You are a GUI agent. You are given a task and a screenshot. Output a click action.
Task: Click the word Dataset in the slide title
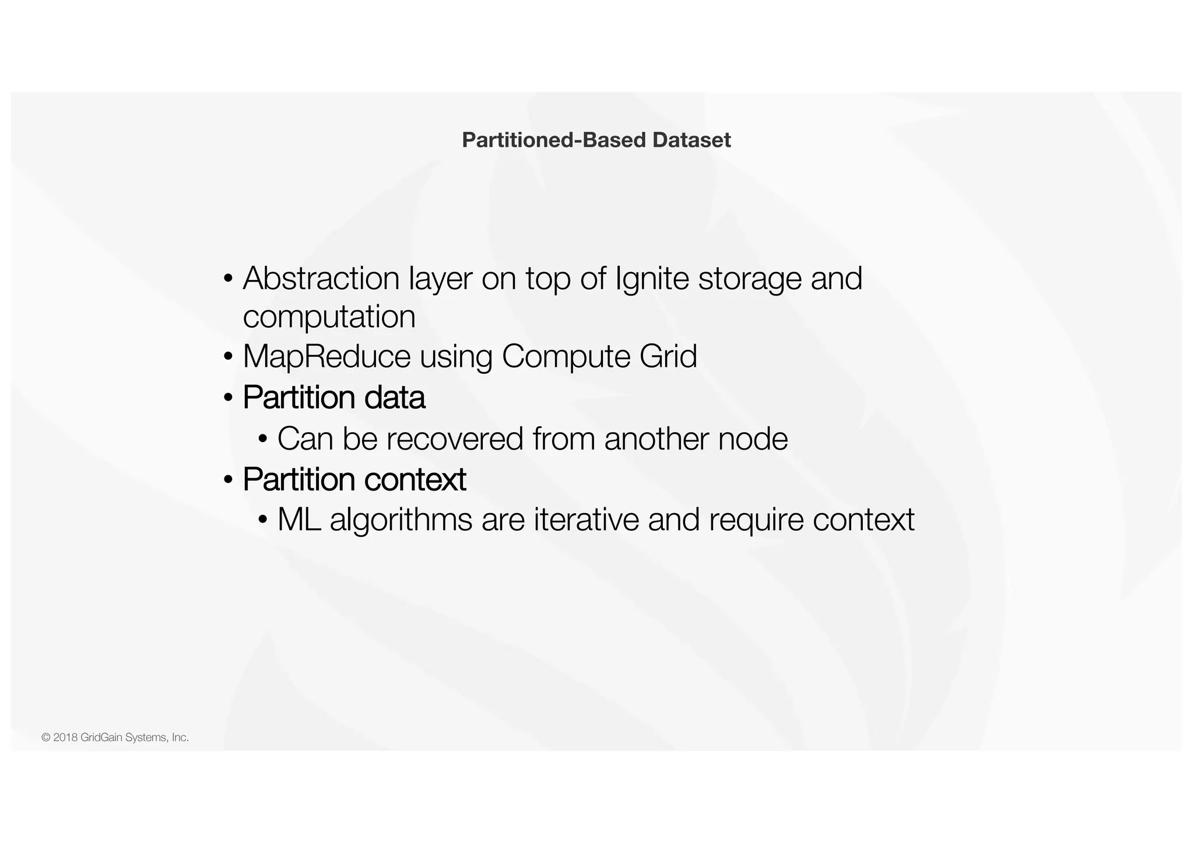[x=691, y=140]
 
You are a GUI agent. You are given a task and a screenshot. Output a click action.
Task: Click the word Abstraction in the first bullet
[x=321, y=278]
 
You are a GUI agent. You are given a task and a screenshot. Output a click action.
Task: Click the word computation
[x=329, y=318]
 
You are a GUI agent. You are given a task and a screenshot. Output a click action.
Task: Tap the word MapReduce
[x=326, y=357]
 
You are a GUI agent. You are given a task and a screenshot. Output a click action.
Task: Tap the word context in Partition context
[x=415, y=479]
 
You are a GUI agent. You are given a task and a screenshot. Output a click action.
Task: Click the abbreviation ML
[x=299, y=519]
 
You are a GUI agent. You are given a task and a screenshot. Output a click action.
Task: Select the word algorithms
[x=401, y=520]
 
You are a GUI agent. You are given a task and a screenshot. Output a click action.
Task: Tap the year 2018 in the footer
[x=65, y=738]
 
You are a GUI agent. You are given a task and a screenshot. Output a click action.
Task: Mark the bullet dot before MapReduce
[x=228, y=357]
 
